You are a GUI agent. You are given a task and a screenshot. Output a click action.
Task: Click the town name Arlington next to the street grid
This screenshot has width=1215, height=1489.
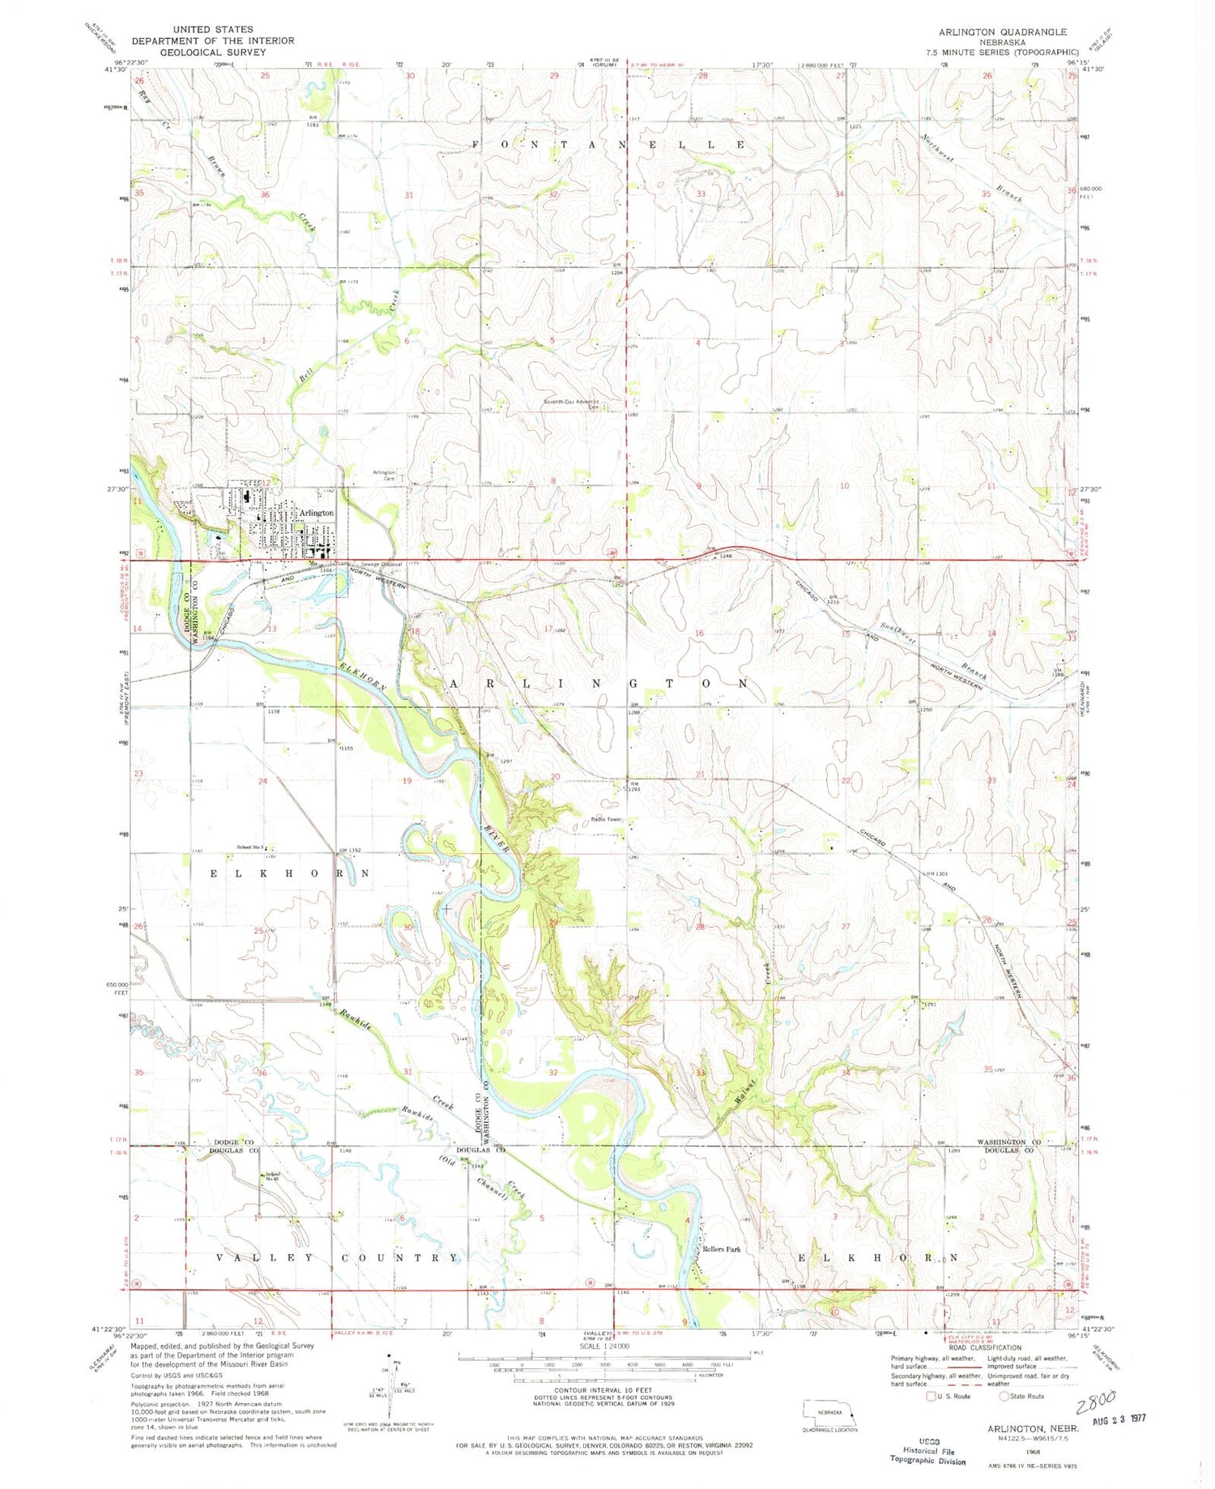click(x=316, y=513)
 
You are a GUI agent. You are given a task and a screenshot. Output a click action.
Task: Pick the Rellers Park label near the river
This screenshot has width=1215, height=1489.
click(x=721, y=1249)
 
